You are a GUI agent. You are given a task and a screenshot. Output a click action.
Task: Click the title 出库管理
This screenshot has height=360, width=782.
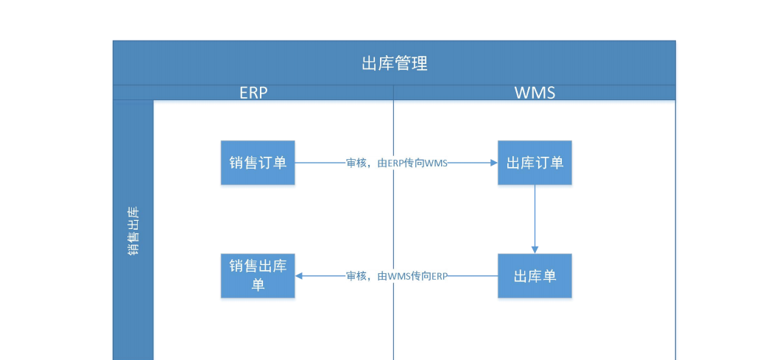pos(394,63)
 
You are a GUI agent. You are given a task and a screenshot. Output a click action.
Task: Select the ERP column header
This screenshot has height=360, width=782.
pos(253,93)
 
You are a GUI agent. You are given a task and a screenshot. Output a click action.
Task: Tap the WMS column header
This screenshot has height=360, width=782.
pos(535,93)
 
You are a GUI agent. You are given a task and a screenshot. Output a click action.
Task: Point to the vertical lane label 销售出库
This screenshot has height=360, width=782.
pos(133,230)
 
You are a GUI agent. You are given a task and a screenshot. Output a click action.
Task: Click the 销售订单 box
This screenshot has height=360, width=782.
pos(258,163)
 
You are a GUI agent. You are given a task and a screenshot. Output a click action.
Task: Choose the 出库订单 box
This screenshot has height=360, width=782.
pos(535,163)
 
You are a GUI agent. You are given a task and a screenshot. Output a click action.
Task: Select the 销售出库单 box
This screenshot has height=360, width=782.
pos(258,275)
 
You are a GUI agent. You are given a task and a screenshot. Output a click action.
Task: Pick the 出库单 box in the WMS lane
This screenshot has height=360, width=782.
pos(535,276)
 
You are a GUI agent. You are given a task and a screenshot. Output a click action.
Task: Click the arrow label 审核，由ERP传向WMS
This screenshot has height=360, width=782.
pos(397,163)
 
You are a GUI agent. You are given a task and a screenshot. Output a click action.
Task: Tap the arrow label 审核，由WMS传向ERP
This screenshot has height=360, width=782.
pos(397,276)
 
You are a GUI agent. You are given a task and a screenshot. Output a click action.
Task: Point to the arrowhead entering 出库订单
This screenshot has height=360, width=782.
pos(493,163)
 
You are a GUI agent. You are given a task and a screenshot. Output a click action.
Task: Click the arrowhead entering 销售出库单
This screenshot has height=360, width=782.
pos(300,276)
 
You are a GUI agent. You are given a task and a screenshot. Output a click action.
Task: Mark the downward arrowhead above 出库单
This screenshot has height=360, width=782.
pos(535,249)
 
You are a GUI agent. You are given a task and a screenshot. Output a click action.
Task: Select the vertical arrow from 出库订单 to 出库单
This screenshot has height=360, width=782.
pos(535,217)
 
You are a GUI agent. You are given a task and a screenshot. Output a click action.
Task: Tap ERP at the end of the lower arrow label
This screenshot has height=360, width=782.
pos(439,276)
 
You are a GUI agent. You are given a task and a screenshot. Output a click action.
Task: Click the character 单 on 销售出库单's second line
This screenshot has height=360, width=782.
pos(258,285)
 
